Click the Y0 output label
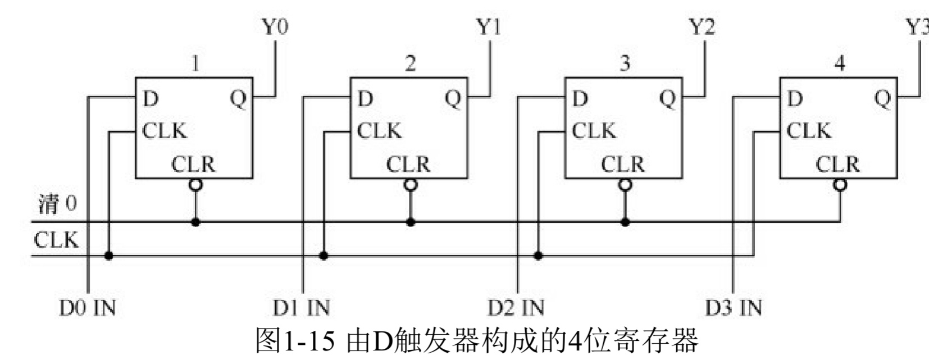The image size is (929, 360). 275,26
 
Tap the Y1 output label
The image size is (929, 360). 489,26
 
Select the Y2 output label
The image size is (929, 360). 702,26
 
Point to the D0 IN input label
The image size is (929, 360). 88,308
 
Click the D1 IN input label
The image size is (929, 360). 302,308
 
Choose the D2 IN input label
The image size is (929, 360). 516,308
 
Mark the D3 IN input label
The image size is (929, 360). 734,308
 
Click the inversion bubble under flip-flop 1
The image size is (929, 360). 195,185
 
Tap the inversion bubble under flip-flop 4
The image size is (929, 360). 840,185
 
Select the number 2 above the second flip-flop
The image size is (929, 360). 411,63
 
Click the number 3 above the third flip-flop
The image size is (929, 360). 625,63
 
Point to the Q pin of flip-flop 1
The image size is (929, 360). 239,99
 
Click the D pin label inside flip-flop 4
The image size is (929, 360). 795,99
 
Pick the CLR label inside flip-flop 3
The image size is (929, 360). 623,165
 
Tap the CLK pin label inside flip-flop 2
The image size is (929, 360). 379,131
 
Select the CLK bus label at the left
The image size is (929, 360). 56,240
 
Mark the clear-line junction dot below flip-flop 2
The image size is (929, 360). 411,222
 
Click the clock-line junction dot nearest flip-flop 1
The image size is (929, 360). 109,256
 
